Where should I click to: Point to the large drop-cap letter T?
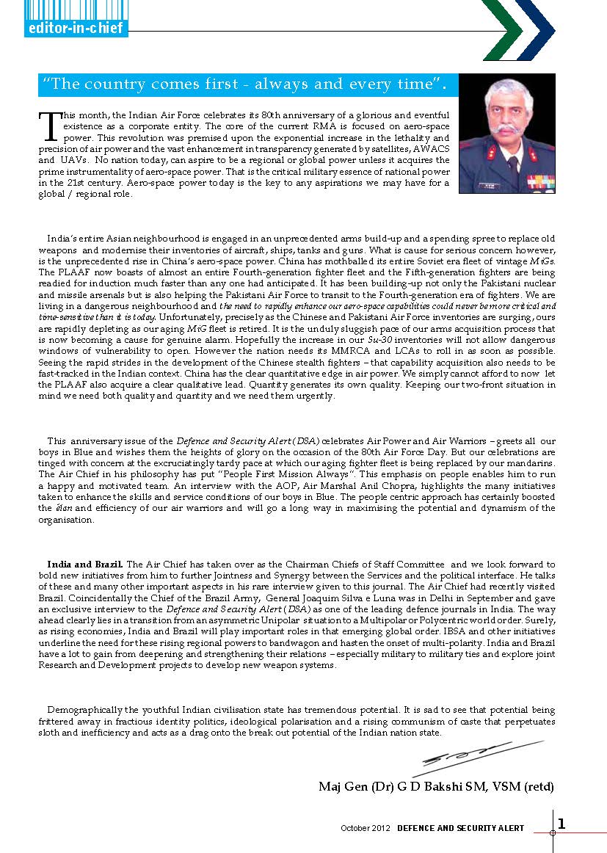click(48, 126)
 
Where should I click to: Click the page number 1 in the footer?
click(561, 824)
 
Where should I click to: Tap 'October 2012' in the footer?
click(366, 828)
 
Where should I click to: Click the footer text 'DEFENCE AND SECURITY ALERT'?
click(461, 828)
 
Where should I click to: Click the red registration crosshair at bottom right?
click(553, 832)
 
